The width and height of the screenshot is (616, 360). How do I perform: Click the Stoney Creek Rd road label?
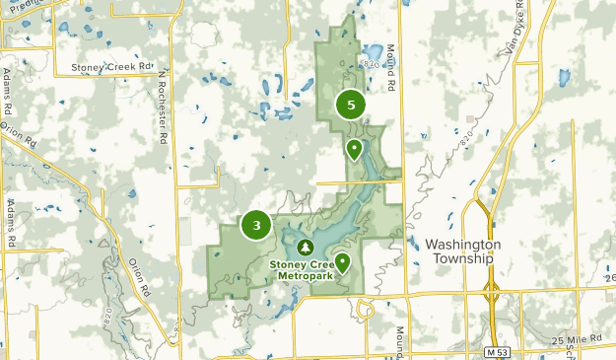112,67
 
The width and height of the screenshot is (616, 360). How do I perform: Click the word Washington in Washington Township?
463,244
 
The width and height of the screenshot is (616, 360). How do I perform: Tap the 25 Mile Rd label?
577,340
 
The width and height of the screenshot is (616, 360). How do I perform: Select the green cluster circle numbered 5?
350,105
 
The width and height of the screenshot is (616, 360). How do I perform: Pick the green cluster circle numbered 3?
256,226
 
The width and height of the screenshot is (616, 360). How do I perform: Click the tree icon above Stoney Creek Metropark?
305,246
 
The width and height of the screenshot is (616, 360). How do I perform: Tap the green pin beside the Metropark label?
342,262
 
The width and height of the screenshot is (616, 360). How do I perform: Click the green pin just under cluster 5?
353,149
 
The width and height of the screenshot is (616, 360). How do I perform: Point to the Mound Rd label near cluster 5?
390,79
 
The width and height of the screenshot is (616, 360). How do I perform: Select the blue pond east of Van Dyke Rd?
564,76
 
